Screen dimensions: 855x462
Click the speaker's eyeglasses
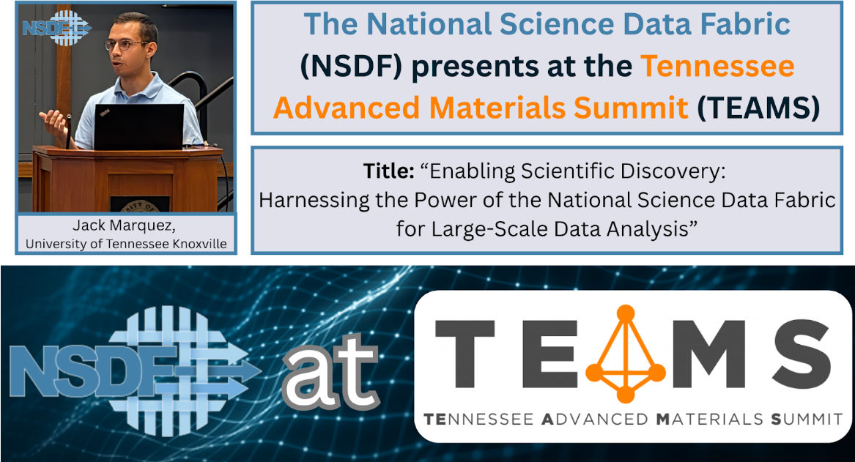(x=127, y=45)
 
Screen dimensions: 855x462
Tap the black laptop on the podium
(x=138, y=127)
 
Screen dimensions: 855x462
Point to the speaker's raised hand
(x=54, y=120)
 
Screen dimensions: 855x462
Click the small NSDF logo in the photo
(x=56, y=28)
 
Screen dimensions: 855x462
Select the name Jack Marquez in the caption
(x=125, y=225)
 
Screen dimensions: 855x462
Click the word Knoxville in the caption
(x=199, y=244)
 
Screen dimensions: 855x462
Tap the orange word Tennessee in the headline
(x=717, y=67)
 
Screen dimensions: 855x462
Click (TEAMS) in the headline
(x=758, y=108)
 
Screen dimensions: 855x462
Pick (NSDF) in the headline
(x=351, y=67)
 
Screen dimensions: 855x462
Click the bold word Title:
(x=389, y=171)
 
